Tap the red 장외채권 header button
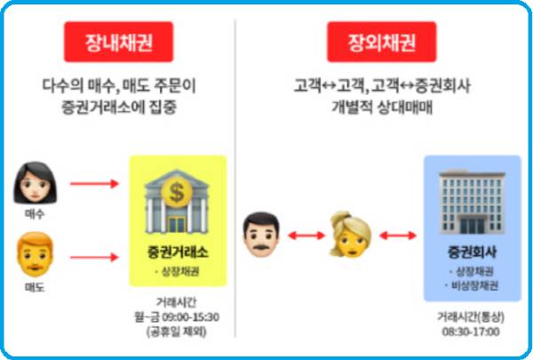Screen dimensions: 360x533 (x=382, y=42)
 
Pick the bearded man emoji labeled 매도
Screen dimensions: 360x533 (x=35, y=252)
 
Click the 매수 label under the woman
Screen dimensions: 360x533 (x=35, y=214)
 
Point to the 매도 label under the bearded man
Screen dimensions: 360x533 (x=35, y=287)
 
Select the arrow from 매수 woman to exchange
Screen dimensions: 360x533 (x=92, y=184)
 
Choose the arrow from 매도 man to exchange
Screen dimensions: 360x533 (x=92, y=258)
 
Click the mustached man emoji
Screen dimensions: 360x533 (x=261, y=234)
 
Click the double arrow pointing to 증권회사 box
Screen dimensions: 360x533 (x=396, y=236)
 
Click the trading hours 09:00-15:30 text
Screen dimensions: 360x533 (x=179, y=317)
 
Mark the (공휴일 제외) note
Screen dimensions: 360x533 (x=178, y=332)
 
